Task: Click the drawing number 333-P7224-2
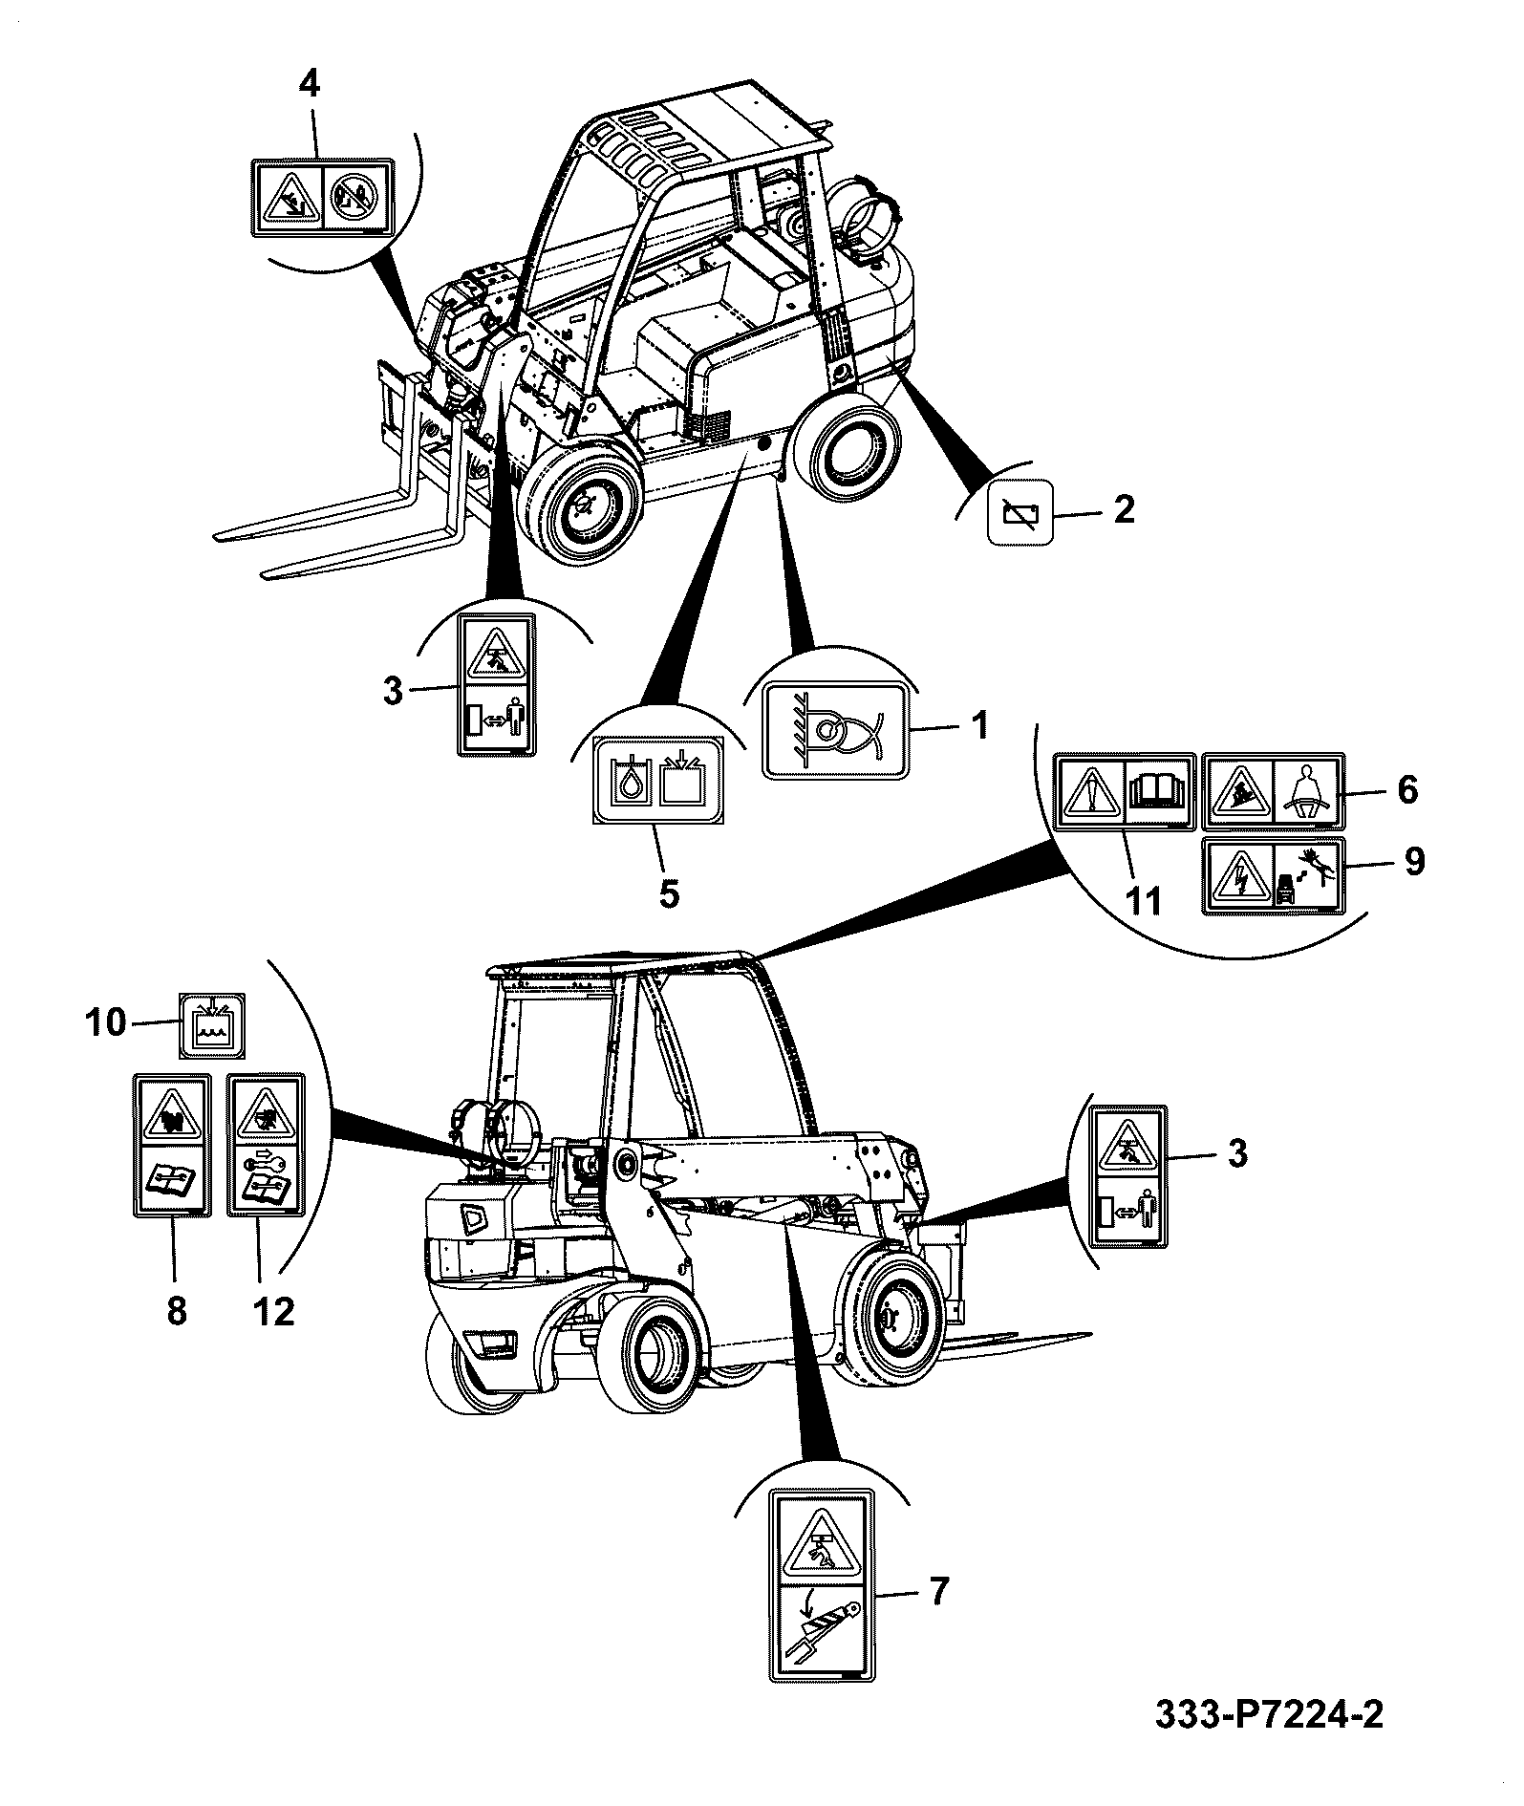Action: (x=1268, y=1742)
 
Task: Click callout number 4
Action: (x=309, y=84)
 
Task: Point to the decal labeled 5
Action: (x=658, y=779)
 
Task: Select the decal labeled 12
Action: (x=267, y=1144)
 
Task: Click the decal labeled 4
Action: (x=322, y=197)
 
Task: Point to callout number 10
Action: (x=106, y=1022)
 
